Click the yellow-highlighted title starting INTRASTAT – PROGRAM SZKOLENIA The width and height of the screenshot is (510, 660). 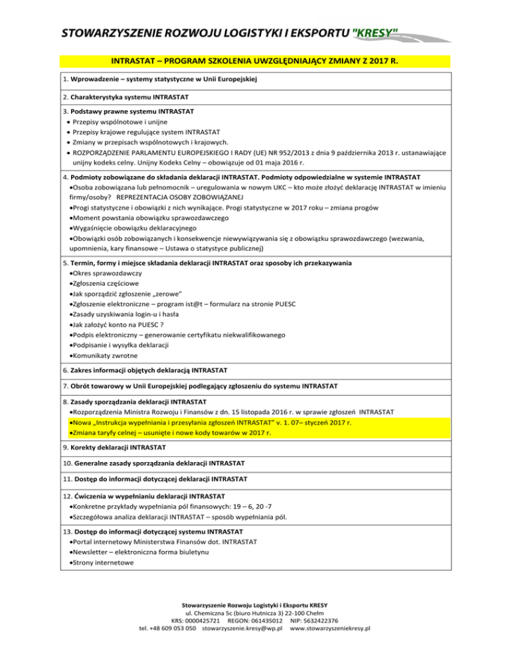(255, 61)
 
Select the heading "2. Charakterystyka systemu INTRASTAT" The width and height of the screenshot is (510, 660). (133, 97)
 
